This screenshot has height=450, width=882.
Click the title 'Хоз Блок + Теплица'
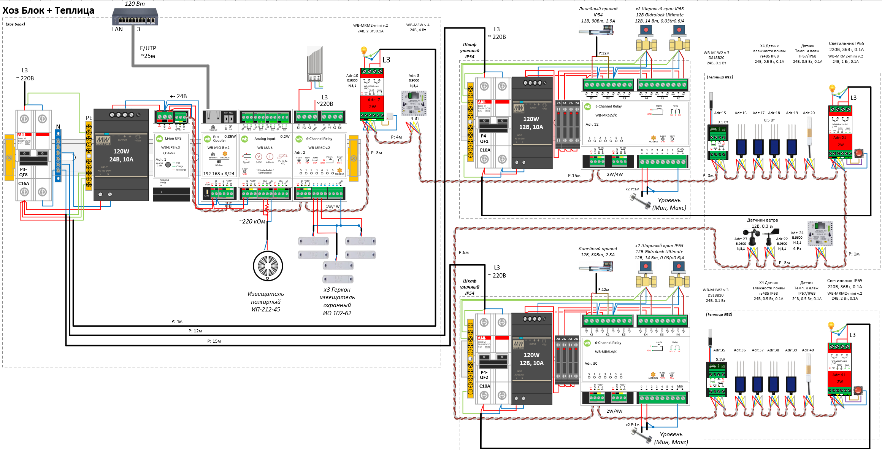click(x=48, y=10)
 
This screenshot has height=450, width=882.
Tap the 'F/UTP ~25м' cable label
click(x=148, y=52)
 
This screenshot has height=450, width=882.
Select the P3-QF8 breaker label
click(x=24, y=172)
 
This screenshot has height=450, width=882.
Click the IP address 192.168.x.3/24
click(x=219, y=174)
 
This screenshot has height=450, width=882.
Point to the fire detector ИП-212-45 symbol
click(x=268, y=266)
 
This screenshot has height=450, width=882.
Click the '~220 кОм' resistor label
click(x=252, y=222)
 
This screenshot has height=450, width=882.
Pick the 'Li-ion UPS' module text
click(x=173, y=139)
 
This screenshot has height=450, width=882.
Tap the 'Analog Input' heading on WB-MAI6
click(x=265, y=139)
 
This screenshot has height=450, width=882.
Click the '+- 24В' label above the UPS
click(x=178, y=96)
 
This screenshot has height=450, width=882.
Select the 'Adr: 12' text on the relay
click(x=592, y=124)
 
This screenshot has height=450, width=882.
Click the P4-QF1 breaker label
click(x=484, y=139)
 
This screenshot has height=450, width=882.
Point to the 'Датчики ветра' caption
click(x=762, y=220)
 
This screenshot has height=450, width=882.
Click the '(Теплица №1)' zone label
click(x=720, y=77)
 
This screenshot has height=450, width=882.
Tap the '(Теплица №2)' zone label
click(x=719, y=314)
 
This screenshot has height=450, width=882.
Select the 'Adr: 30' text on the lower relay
click(x=591, y=364)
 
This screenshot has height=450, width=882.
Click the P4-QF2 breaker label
click(x=484, y=375)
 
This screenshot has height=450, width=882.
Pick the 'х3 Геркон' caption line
click(x=337, y=290)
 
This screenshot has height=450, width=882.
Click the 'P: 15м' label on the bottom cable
click(x=214, y=341)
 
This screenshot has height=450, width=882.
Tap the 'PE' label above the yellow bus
click(x=89, y=118)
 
